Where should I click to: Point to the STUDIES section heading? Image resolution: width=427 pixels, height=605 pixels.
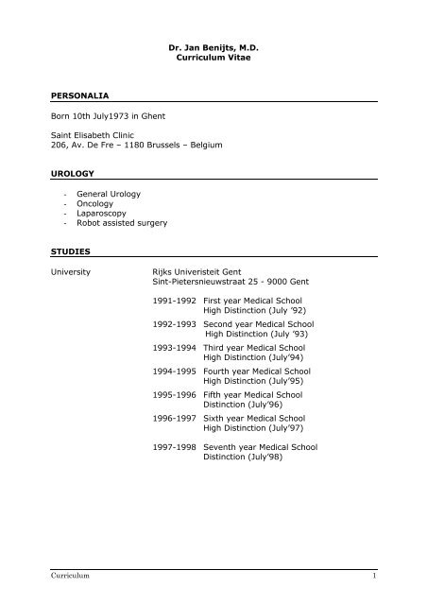[x=70, y=252]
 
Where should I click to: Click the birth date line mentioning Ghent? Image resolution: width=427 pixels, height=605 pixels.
[x=112, y=121]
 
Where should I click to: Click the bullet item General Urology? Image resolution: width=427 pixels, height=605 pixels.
[x=110, y=193]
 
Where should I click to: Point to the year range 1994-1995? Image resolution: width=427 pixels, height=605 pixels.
[x=175, y=372]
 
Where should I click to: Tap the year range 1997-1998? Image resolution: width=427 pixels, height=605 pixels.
[x=175, y=446]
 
